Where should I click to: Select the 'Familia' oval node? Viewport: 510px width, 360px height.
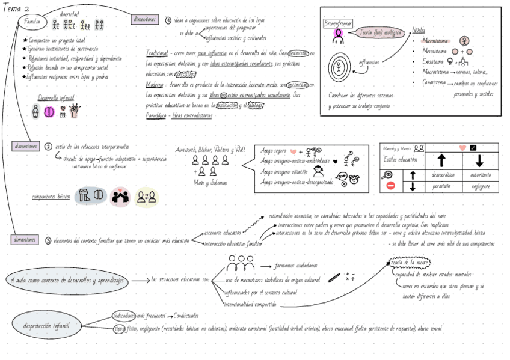pyautogui.click(x=32, y=22)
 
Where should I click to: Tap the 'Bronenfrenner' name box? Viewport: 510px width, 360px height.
pyautogui.click(x=337, y=23)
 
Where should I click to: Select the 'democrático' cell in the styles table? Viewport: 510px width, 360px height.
pyautogui.click(x=443, y=175)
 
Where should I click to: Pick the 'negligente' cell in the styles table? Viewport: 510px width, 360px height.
pyautogui.click(x=480, y=186)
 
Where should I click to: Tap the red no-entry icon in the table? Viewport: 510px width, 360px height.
pyautogui.click(x=390, y=186)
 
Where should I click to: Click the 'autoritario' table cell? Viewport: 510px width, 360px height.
pyautogui.click(x=480, y=175)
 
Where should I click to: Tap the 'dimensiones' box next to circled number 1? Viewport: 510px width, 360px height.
pyautogui.click(x=144, y=19)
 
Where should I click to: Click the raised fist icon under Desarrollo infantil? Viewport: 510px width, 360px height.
pyautogui.click(x=76, y=110)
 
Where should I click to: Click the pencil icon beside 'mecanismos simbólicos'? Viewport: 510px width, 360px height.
pyautogui.click(x=334, y=278)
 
